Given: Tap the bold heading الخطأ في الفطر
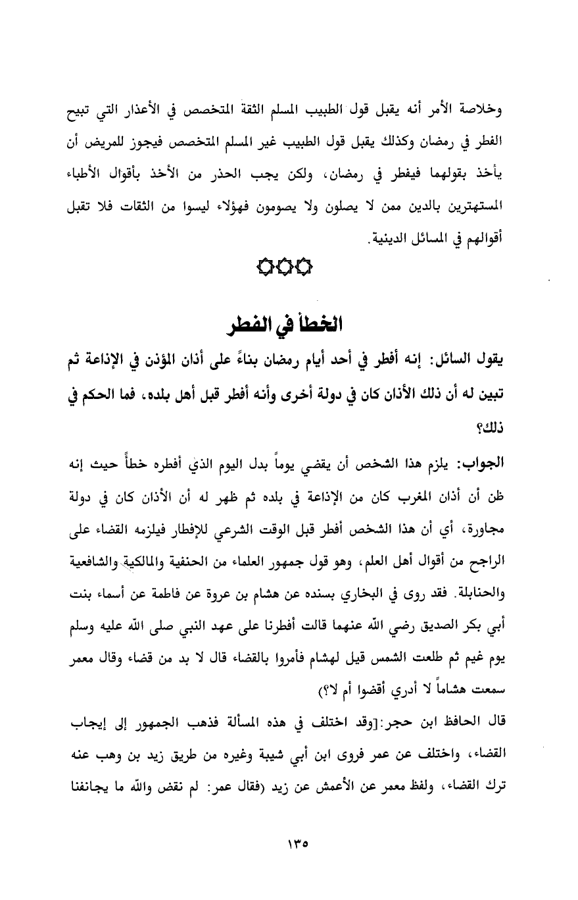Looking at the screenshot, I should point(287,325).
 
